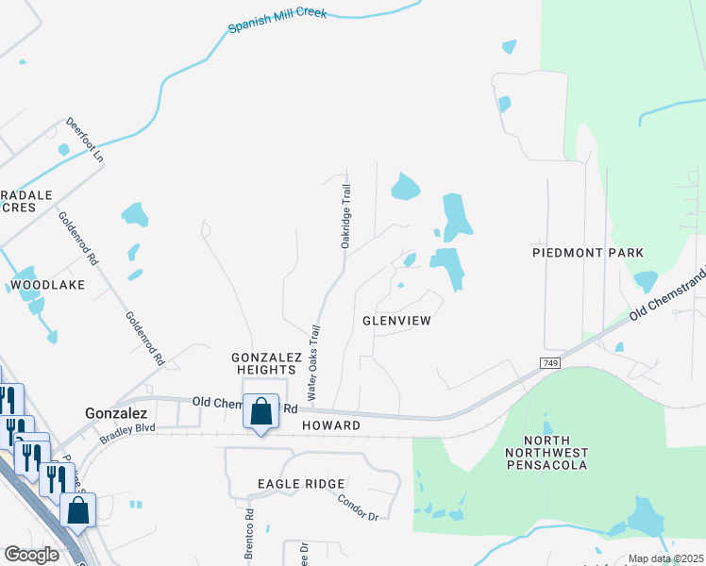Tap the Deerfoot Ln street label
(84, 139)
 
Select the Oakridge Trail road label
(346, 216)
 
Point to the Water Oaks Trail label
(311, 360)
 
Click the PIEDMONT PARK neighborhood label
(587, 253)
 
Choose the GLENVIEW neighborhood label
(396, 321)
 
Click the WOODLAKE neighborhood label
(47, 284)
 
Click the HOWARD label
(331, 426)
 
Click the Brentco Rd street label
(250, 535)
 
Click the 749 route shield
(550, 363)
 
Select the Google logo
(31, 555)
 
